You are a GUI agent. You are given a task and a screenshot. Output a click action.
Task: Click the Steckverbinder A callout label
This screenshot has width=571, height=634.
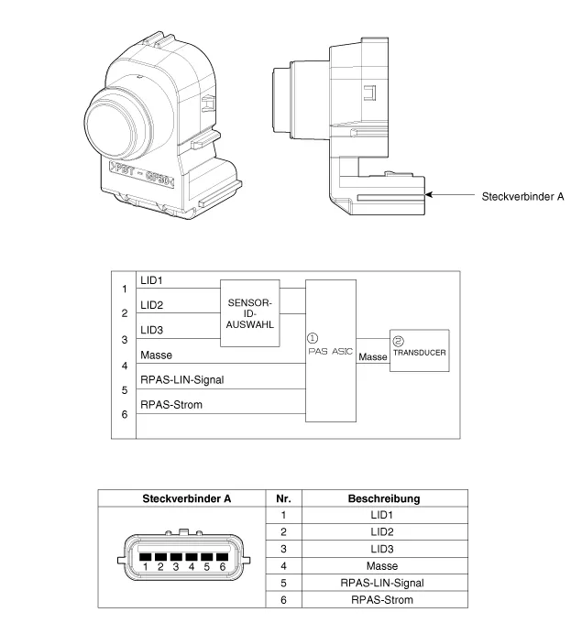(522, 196)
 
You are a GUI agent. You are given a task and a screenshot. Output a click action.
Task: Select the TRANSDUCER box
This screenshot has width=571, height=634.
(419, 350)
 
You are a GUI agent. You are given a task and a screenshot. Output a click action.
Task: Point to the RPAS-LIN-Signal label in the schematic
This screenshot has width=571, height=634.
(181, 379)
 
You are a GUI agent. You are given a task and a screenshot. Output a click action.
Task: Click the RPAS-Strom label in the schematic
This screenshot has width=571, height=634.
(171, 404)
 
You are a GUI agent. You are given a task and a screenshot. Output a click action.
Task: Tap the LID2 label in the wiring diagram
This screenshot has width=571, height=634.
(152, 304)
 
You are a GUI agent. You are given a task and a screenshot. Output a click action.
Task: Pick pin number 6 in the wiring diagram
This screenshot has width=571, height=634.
(125, 414)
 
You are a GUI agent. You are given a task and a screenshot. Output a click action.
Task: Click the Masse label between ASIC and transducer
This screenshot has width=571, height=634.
(373, 356)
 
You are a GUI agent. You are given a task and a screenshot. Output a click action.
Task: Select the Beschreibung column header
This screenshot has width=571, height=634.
(383, 498)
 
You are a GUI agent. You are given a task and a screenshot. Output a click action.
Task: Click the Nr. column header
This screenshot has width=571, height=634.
(282, 498)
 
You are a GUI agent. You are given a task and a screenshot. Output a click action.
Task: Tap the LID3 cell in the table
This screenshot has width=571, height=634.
(383, 549)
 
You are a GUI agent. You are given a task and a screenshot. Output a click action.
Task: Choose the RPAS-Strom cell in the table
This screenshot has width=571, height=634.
(383, 600)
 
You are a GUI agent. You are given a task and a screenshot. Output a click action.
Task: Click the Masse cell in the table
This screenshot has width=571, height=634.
(383, 566)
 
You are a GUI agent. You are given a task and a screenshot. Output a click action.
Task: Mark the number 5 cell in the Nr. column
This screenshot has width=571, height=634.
(282, 583)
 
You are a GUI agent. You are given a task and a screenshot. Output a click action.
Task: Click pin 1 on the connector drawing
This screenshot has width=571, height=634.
(145, 557)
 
